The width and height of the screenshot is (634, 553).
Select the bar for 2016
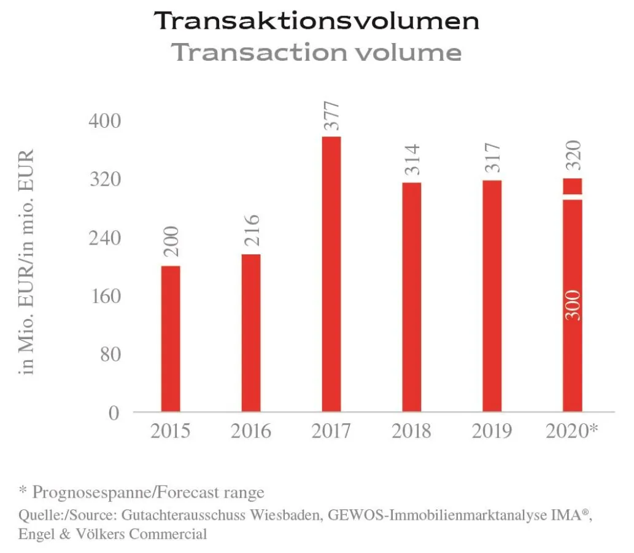tap(251, 332)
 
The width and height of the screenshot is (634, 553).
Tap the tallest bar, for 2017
tap(331, 273)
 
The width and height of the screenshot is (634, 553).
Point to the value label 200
tap(171, 242)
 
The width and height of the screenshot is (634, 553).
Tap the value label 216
tap(251, 231)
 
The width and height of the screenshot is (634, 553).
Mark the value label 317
tap(492, 158)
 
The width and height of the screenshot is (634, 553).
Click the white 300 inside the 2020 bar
tap(573, 305)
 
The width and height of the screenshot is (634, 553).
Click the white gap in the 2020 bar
tap(573, 197)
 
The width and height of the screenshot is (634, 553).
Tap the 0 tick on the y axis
tap(114, 413)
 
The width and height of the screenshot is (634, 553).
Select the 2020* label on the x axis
tap(571, 431)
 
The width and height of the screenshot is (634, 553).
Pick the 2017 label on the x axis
tap(331, 431)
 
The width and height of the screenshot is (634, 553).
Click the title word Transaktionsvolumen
tap(317, 21)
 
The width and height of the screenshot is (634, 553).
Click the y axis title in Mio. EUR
tap(27, 261)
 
